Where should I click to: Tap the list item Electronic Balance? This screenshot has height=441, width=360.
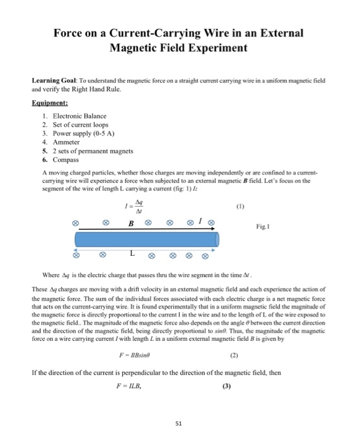click(79, 115)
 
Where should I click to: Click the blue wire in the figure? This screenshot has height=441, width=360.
click(148, 240)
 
